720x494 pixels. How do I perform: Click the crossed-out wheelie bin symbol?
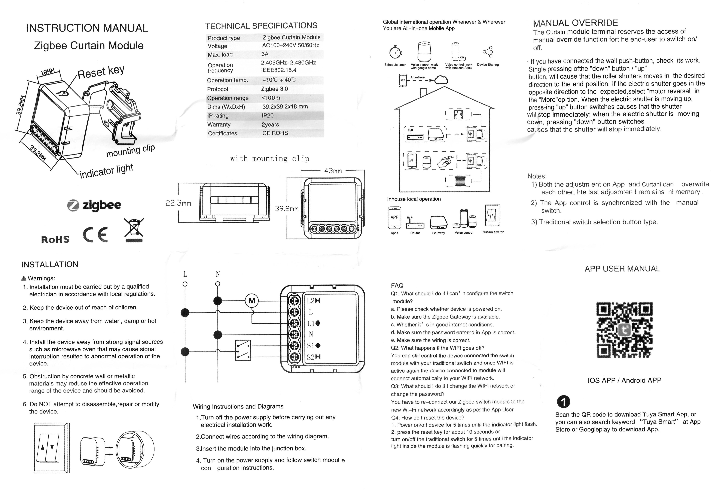pyautogui.click(x=134, y=230)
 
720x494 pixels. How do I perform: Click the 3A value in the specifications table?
pyautogui.click(x=265, y=54)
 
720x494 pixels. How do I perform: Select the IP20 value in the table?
pyautogui.click(x=268, y=116)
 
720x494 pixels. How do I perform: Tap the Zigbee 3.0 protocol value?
pyautogui.click(x=274, y=89)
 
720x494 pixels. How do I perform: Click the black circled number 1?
pyautogui.click(x=564, y=402)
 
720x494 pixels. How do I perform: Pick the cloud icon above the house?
pyautogui.click(x=441, y=80)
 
